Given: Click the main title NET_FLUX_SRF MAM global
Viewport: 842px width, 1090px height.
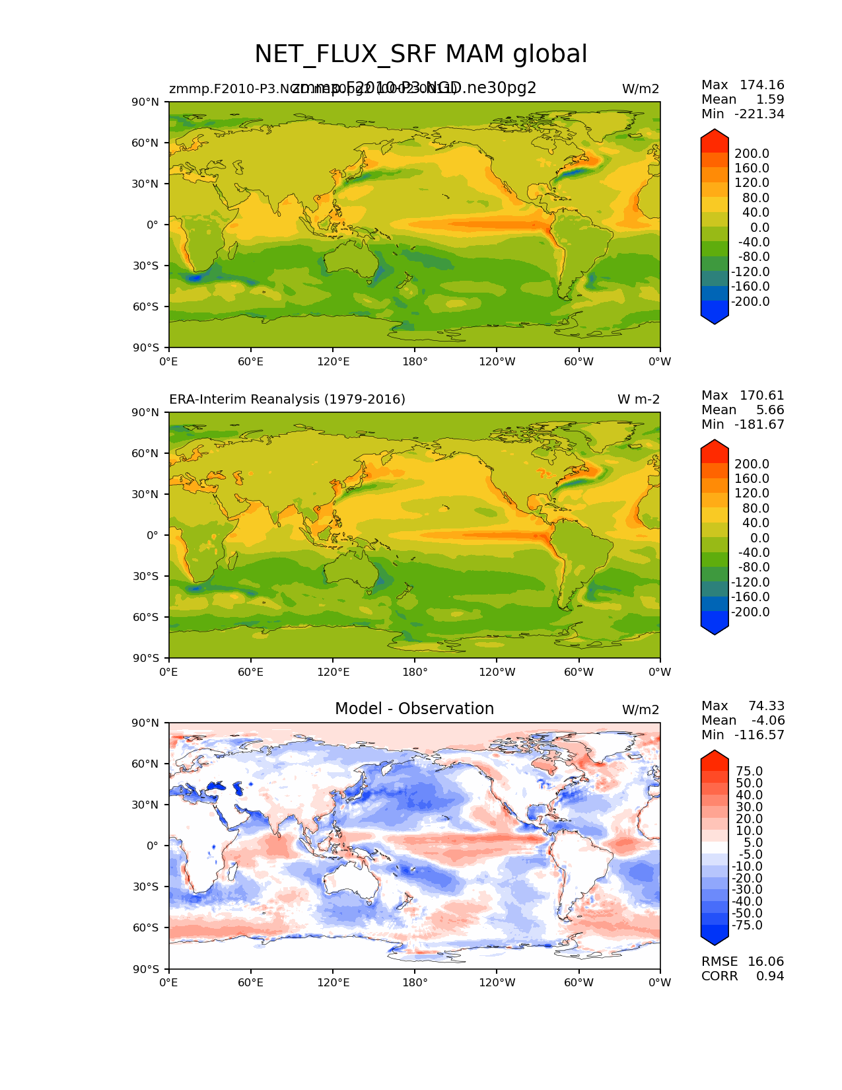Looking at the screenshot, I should tap(421, 54).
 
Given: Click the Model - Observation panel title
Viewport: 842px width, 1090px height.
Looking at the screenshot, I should tap(414, 709).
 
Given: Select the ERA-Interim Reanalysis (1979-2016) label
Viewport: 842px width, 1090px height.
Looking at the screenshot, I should tap(287, 400).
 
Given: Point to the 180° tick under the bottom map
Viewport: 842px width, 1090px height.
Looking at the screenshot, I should tap(415, 983).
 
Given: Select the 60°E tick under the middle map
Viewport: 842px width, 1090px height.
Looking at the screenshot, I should tap(251, 672).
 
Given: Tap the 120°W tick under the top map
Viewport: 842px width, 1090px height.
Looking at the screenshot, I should tap(497, 362).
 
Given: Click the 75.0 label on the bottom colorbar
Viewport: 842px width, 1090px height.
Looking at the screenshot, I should tap(749, 772).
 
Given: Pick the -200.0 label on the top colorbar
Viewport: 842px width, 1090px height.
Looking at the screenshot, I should tap(752, 302).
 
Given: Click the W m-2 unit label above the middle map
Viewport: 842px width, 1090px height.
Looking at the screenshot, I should tap(638, 400).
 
